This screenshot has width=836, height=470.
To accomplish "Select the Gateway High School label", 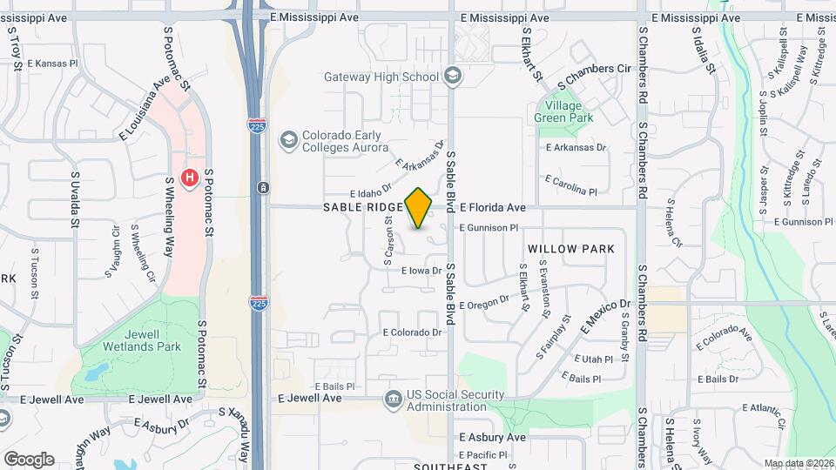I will coord(381,77).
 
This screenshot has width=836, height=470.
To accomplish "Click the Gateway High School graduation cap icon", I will coord(452,77).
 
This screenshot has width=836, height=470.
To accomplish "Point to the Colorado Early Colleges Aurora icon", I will coord(287,140).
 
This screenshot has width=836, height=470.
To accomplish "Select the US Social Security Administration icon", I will coord(393,399).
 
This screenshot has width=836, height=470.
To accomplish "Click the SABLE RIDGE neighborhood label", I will coord(363,207).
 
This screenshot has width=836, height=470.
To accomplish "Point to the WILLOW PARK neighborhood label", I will coord(571,249).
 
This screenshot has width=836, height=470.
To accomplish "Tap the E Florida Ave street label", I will coord(493,208).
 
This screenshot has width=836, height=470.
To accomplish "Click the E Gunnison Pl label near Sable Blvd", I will coord(489,227).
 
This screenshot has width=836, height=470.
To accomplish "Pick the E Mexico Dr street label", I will coord(607,315).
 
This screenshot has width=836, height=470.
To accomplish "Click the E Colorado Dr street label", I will coord(413,332).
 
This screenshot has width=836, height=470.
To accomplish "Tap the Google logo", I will coord(29,459).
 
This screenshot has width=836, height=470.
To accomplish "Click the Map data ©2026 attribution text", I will coord(799,463).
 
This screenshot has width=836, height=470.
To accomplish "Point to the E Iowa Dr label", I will coord(421,271).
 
